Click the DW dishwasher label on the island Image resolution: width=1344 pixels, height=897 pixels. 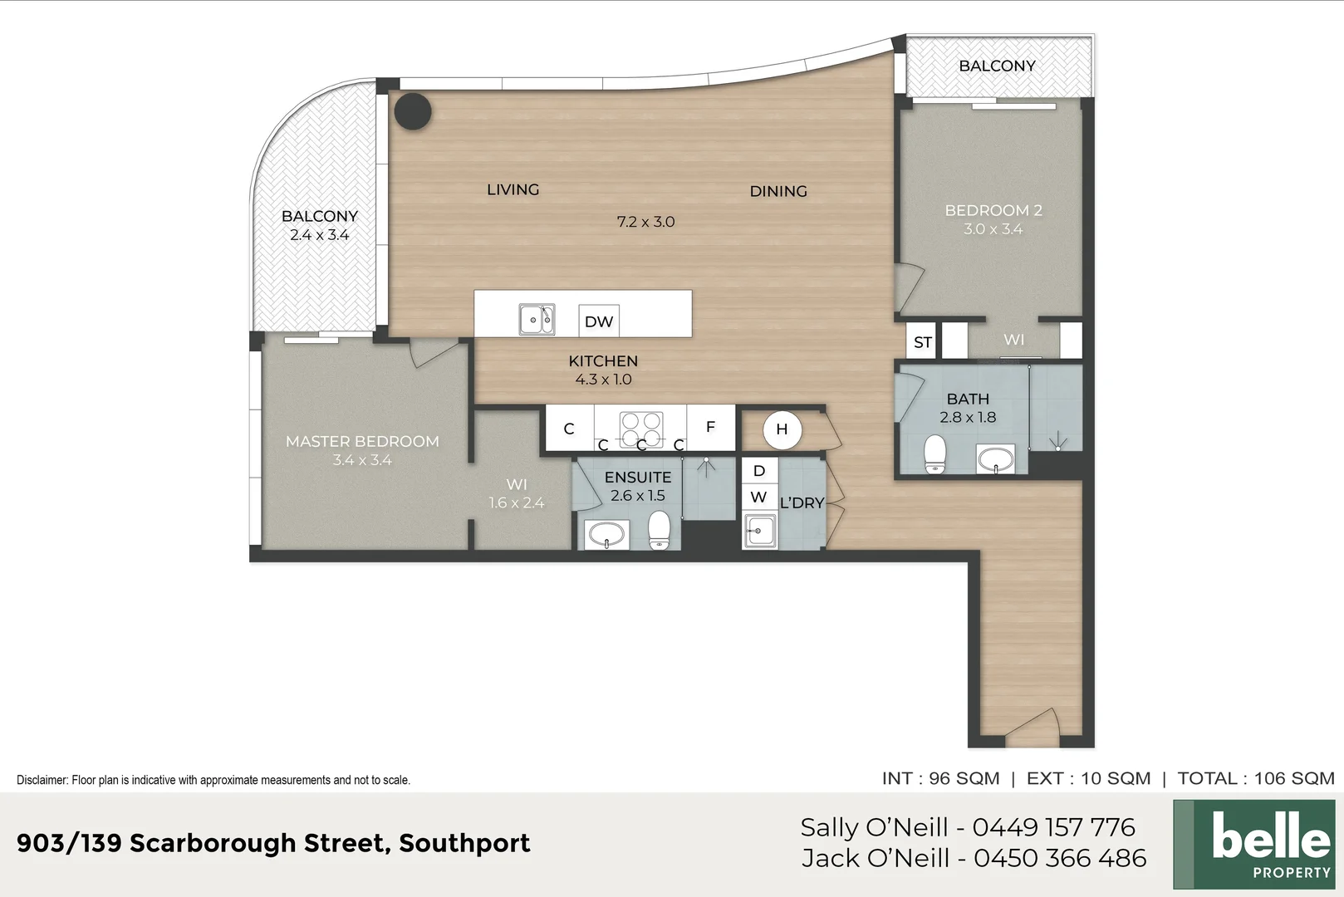click(598, 321)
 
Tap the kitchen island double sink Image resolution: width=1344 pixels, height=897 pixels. click(537, 319)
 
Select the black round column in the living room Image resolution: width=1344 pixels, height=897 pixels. click(412, 110)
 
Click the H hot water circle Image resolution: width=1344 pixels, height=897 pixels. click(782, 429)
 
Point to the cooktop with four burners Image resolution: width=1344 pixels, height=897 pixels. click(641, 429)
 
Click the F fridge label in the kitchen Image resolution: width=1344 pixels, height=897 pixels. click(710, 427)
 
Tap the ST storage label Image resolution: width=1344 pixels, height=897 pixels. click(922, 342)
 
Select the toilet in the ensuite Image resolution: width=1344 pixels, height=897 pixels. click(659, 530)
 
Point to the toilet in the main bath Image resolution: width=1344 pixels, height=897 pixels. click(935, 454)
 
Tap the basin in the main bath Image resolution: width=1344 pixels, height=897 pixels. click(995, 458)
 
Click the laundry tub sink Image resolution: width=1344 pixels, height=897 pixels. click(760, 531)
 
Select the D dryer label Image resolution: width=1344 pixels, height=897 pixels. click(758, 471)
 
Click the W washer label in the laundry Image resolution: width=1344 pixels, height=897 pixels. click(758, 498)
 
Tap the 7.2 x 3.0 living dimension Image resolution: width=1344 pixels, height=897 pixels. click(645, 222)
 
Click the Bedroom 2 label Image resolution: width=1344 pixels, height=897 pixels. click(993, 211)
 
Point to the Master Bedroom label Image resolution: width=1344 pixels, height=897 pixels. click(362, 442)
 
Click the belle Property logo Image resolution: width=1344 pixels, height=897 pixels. click(1253, 844)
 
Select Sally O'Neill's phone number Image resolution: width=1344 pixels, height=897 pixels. click(1053, 827)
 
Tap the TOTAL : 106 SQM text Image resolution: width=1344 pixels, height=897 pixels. click(1255, 778)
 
